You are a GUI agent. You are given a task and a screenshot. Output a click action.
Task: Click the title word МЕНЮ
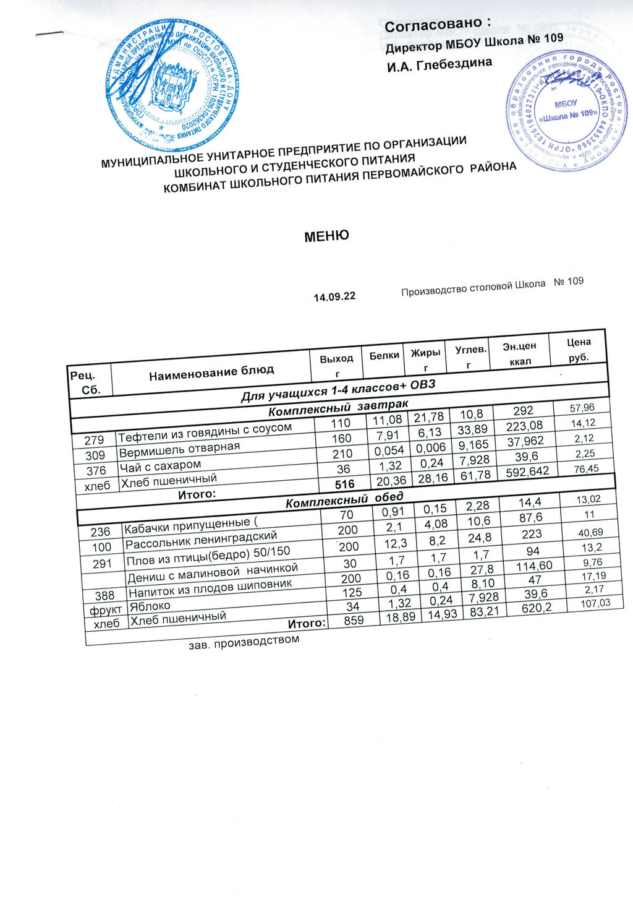pos(326,236)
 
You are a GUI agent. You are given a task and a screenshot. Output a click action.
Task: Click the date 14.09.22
pos(334,297)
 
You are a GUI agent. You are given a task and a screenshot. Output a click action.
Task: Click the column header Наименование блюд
pos(211,371)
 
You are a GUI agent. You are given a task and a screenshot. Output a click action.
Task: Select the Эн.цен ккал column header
pos(519,353)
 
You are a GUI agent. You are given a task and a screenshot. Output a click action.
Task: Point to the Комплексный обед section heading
pos(344,499)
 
